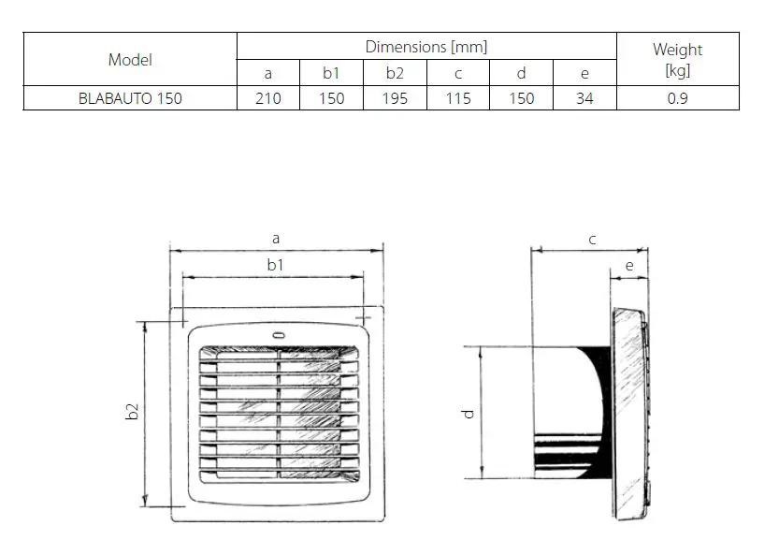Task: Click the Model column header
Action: (130, 60)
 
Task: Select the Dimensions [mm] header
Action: (426, 47)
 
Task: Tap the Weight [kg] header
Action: (677, 59)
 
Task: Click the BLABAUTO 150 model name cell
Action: (130, 98)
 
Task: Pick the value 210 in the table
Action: (268, 98)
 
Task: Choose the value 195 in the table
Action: (395, 98)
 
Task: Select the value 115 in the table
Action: (458, 98)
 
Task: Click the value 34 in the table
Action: (584, 98)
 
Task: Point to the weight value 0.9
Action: (677, 98)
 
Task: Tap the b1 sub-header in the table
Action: (331, 74)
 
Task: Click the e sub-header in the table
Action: (584, 74)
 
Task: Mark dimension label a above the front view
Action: (276, 239)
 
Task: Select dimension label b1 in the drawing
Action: (275, 266)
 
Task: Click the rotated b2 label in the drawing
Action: (132, 412)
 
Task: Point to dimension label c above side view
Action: (592, 240)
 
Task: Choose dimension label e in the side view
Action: (628, 267)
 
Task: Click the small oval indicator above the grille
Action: (278, 336)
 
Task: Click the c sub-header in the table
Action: (458, 74)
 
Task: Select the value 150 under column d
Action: (522, 98)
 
